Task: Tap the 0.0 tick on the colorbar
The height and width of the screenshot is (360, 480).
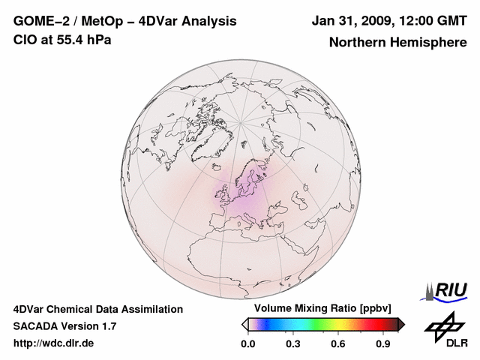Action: [x=247, y=344]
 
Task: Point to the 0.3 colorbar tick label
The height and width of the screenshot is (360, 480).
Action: [x=292, y=344]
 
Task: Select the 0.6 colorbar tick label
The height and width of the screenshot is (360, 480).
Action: [x=337, y=344]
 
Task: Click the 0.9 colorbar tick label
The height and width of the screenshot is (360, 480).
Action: [x=383, y=344]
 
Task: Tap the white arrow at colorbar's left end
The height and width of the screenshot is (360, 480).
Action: [x=245, y=324]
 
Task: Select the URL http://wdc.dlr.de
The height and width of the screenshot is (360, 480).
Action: [x=54, y=343]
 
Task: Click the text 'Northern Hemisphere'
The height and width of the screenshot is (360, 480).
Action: [x=397, y=42]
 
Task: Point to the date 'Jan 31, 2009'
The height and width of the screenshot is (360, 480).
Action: [x=349, y=21]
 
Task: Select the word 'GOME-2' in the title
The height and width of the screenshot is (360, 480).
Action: [x=37, y=21]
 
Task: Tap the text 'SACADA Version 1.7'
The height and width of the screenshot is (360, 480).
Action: [x=64, y=326]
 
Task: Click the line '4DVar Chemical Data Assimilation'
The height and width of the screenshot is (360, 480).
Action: [x=97, y=309]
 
